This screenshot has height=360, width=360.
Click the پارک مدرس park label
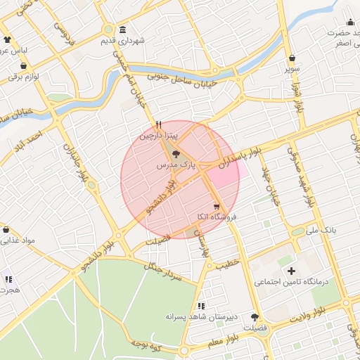[x=175, y=165]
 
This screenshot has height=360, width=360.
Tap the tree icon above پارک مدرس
[x=175, y=154]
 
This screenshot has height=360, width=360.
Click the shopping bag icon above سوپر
[x=291, y=58]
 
